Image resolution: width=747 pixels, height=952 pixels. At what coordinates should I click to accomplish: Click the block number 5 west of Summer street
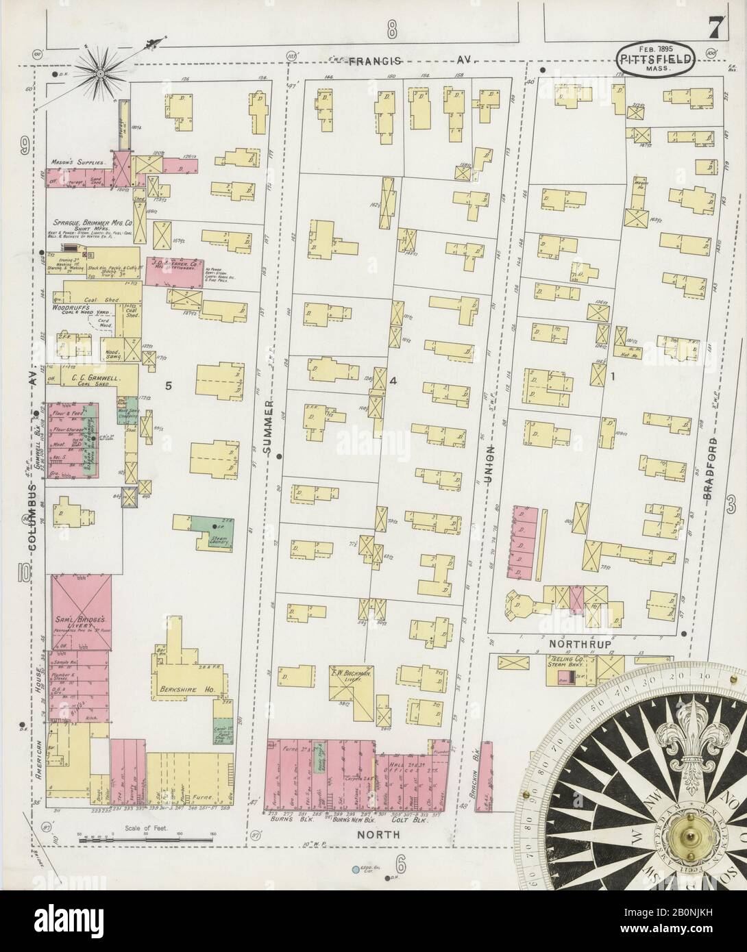point(167,386)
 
